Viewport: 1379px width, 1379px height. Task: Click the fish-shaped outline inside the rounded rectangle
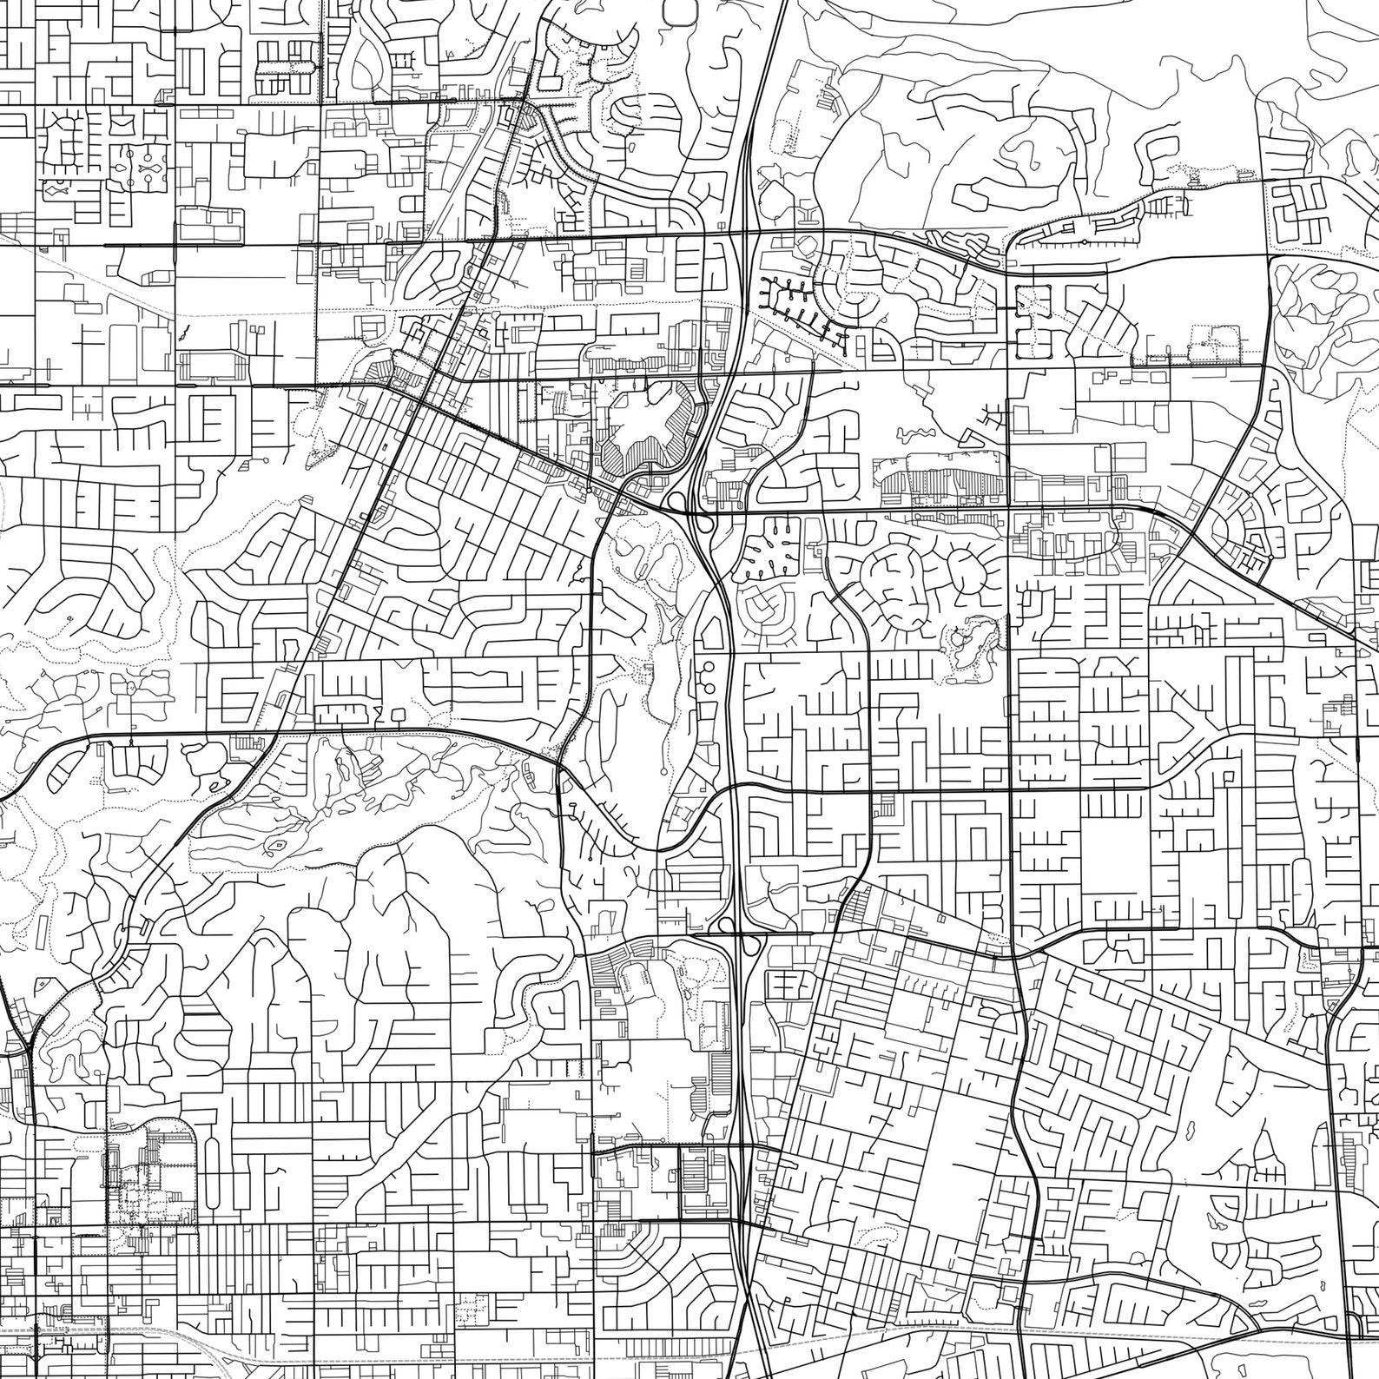pyautogui.click(x=58, y=186)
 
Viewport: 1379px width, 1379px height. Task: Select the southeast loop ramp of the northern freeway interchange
pyautogui.click(x=705, y=524)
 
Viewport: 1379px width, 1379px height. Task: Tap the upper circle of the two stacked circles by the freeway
pyautogui.click(x=708, y=667)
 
